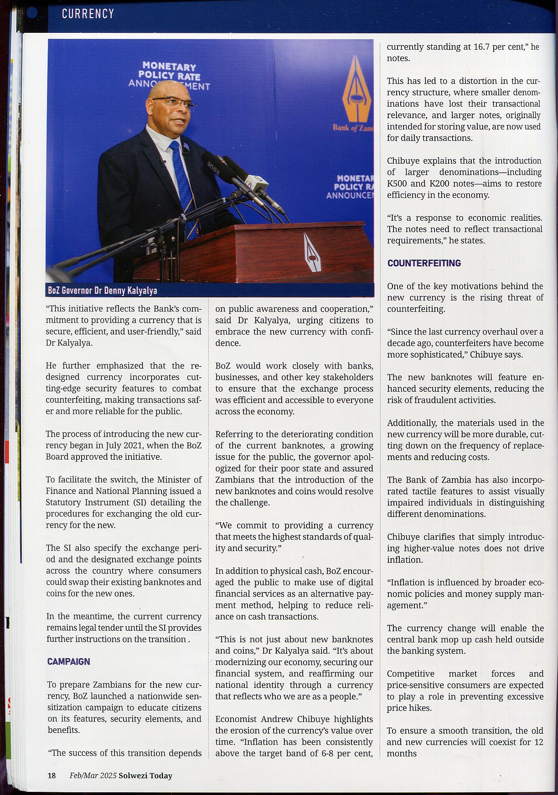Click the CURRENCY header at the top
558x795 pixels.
[x=88, y=14]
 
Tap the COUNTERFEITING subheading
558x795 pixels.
[x=424, y=263]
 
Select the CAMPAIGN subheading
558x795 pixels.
[x=68, y=661]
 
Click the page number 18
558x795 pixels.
[x=52, y=775]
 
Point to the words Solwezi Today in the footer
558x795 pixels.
[x=145, y=775]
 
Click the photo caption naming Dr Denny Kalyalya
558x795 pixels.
[x=103, y=291]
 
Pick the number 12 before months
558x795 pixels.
[x=538, y=742]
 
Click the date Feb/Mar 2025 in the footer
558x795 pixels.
[x=93, y=775]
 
